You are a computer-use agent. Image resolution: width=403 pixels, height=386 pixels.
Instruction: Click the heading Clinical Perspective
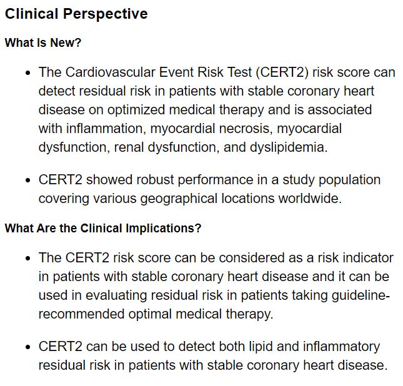[76, 14]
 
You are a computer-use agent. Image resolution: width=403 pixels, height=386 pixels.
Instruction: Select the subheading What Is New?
[43, 43]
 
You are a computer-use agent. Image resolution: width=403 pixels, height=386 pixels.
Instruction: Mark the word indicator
[369, 257]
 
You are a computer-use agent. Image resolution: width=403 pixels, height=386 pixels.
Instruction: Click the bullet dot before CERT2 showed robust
[27, 181]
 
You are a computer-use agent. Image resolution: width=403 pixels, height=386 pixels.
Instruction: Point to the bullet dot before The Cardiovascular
[27, 73]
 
